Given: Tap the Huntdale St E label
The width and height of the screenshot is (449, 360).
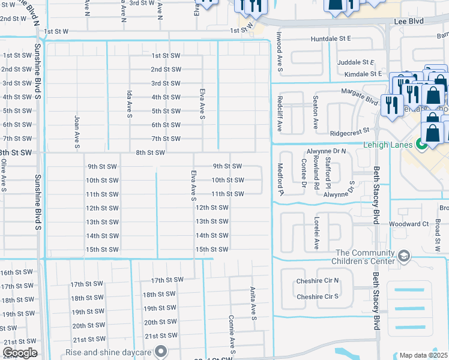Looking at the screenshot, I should [x=330, y=39].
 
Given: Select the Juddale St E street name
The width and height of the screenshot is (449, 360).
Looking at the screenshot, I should [x=356, y=62].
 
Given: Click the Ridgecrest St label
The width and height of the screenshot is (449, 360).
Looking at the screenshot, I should [x=348, y=133].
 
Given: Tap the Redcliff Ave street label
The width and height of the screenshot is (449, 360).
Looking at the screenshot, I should [x=279, y=113].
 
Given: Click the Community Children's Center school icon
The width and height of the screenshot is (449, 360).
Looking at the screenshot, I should [x=404, y=257].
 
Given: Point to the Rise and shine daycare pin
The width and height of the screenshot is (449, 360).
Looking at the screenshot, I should [x=161, y=352].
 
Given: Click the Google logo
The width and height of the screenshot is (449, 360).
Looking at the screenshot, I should [x=19, y=353].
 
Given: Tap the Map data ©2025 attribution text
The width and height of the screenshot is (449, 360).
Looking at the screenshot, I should [x=424, y=355].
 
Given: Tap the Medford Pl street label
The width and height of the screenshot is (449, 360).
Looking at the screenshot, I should [x=280, y=179].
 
